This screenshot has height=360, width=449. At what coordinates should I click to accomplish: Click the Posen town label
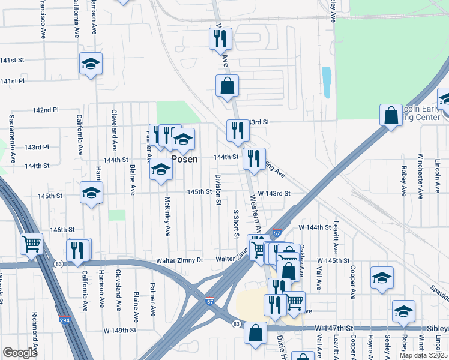click(185, 159)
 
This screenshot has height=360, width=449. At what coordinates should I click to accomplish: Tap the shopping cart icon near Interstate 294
click(31, 244)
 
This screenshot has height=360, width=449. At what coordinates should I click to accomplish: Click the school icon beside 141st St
click(91, 63)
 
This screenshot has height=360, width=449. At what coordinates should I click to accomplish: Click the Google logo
click(20, 353)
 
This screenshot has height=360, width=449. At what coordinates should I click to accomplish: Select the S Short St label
click(237, 223)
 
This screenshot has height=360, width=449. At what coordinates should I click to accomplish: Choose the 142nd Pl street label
click(46, 110)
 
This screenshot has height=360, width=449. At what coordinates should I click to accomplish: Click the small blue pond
click(327, 82)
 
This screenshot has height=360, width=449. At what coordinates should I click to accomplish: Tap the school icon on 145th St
click(91, 193)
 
